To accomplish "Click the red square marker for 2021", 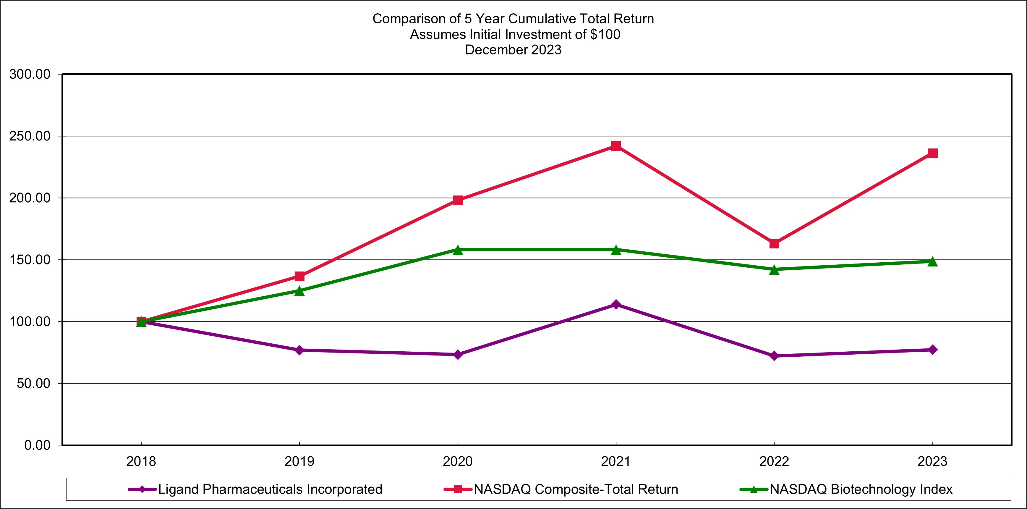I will (616, 146).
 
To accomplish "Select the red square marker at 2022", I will (774, 243).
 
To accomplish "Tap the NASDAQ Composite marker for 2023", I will (932, 153).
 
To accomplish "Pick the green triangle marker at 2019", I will (299, 291).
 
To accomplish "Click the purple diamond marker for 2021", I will (616, 305).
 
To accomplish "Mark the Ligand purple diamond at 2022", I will (774, 356).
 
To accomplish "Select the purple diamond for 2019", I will (299, 350).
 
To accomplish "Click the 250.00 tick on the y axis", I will (30, 136).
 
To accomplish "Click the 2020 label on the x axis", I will (458, 461).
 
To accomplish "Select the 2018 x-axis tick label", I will (141, 461).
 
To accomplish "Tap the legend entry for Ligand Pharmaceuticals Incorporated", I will (270, 489).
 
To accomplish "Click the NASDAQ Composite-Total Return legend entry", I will (576, 489).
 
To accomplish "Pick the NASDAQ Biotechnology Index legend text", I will (861, 489).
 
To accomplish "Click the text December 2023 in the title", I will (513, 50).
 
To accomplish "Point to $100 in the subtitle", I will (605, 34).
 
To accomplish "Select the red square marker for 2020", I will (458, 200).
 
